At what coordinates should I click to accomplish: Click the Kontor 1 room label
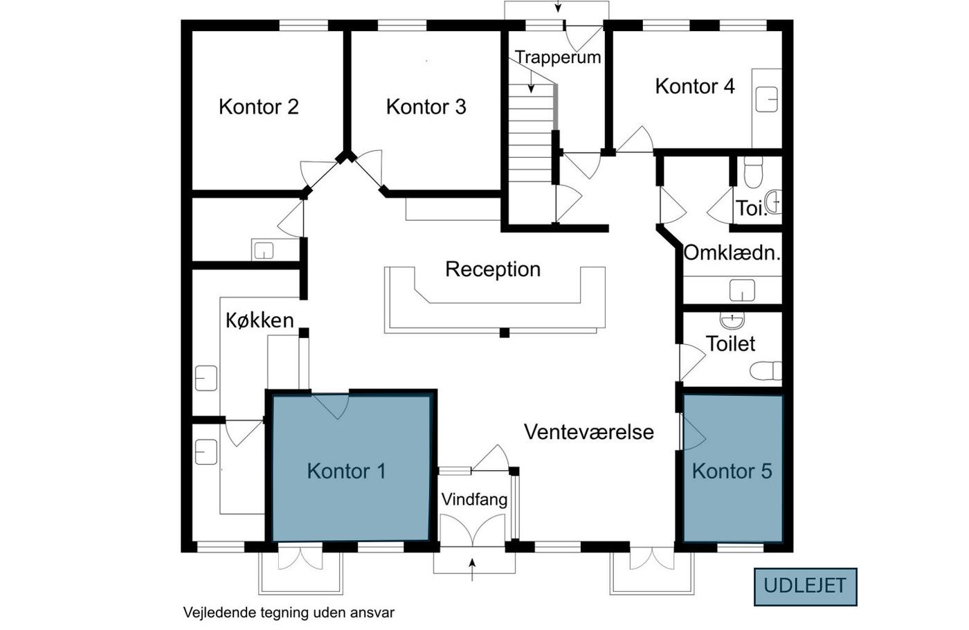[346, 471]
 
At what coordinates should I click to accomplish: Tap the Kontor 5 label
[732, 471]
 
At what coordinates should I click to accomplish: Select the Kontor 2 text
[259, 107]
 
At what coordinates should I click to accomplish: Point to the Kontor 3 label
[426, 107]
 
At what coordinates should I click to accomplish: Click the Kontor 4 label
[695, 86]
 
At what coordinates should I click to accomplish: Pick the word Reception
[493, 269]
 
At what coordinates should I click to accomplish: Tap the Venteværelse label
[589, 432]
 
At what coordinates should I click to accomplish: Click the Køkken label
[260, 321]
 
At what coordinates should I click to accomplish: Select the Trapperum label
[558, 57]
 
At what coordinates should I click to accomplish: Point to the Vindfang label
[475, 500]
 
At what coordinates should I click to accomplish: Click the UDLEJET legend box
[806, 587]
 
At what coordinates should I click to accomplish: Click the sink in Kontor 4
[767, 100]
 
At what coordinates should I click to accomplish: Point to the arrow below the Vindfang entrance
[472, 569]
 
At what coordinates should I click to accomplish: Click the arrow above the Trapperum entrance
[558, 6]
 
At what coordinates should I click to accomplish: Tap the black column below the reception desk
[505, 333]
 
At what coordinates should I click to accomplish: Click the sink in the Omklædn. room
[742, 290]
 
